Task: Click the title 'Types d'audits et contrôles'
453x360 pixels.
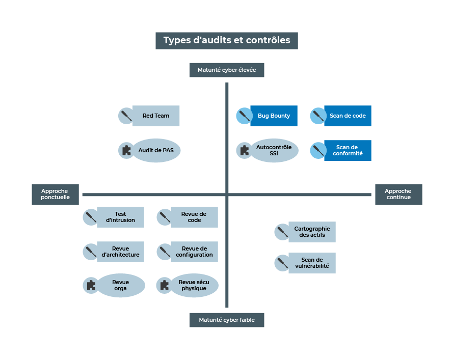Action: point(227,41)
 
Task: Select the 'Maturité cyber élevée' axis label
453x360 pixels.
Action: point(227,70)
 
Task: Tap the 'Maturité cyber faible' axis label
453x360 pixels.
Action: point(227,320)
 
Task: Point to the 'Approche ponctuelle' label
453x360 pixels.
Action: point(56,195)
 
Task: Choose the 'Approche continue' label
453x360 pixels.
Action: point(398,195)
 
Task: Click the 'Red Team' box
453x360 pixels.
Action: point(156,116)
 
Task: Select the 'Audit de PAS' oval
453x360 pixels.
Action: point(156,151)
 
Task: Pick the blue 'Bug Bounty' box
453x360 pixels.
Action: point(274,116)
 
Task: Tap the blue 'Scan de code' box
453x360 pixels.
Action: point(348,116)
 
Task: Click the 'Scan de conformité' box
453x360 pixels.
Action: point(348,151)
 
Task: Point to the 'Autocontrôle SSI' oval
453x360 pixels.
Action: point(274,151)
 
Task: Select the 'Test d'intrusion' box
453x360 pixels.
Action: point(121,217)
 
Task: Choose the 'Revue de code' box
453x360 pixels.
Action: point(194,217)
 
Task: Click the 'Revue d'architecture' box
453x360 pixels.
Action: point(121,252)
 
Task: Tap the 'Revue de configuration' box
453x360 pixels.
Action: point(194,252)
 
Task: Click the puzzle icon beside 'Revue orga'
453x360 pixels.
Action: point(91,285)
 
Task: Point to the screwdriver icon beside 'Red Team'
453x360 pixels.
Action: point(126,116)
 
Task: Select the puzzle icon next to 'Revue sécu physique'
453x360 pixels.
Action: point(164,285)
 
